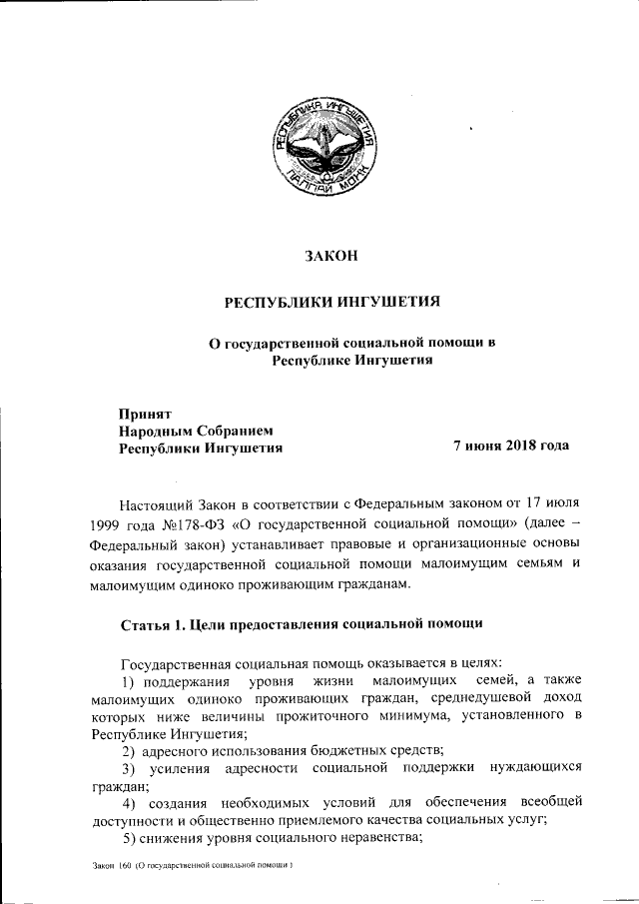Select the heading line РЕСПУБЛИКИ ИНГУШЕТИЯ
click(x=330, y=301)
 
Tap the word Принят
click(x=147, y=413)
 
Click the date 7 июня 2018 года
click(x=511, y=446)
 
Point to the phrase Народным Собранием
click(x=195, y=431)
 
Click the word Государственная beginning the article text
click(x=178, y=662)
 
